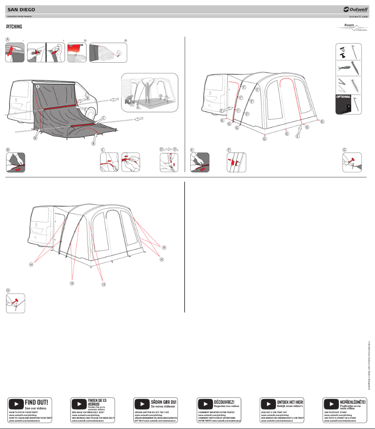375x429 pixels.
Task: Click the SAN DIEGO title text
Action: pos(21,9)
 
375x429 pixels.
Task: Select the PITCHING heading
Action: pos(14,27)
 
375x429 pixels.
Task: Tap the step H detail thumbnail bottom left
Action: pos(15,303)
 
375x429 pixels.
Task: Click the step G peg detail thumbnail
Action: pos(352,162)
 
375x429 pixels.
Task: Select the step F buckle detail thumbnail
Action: pos(236,162)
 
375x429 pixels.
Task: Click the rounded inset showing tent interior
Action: pos(150,92)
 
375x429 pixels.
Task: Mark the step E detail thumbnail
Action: pos(200,162)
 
